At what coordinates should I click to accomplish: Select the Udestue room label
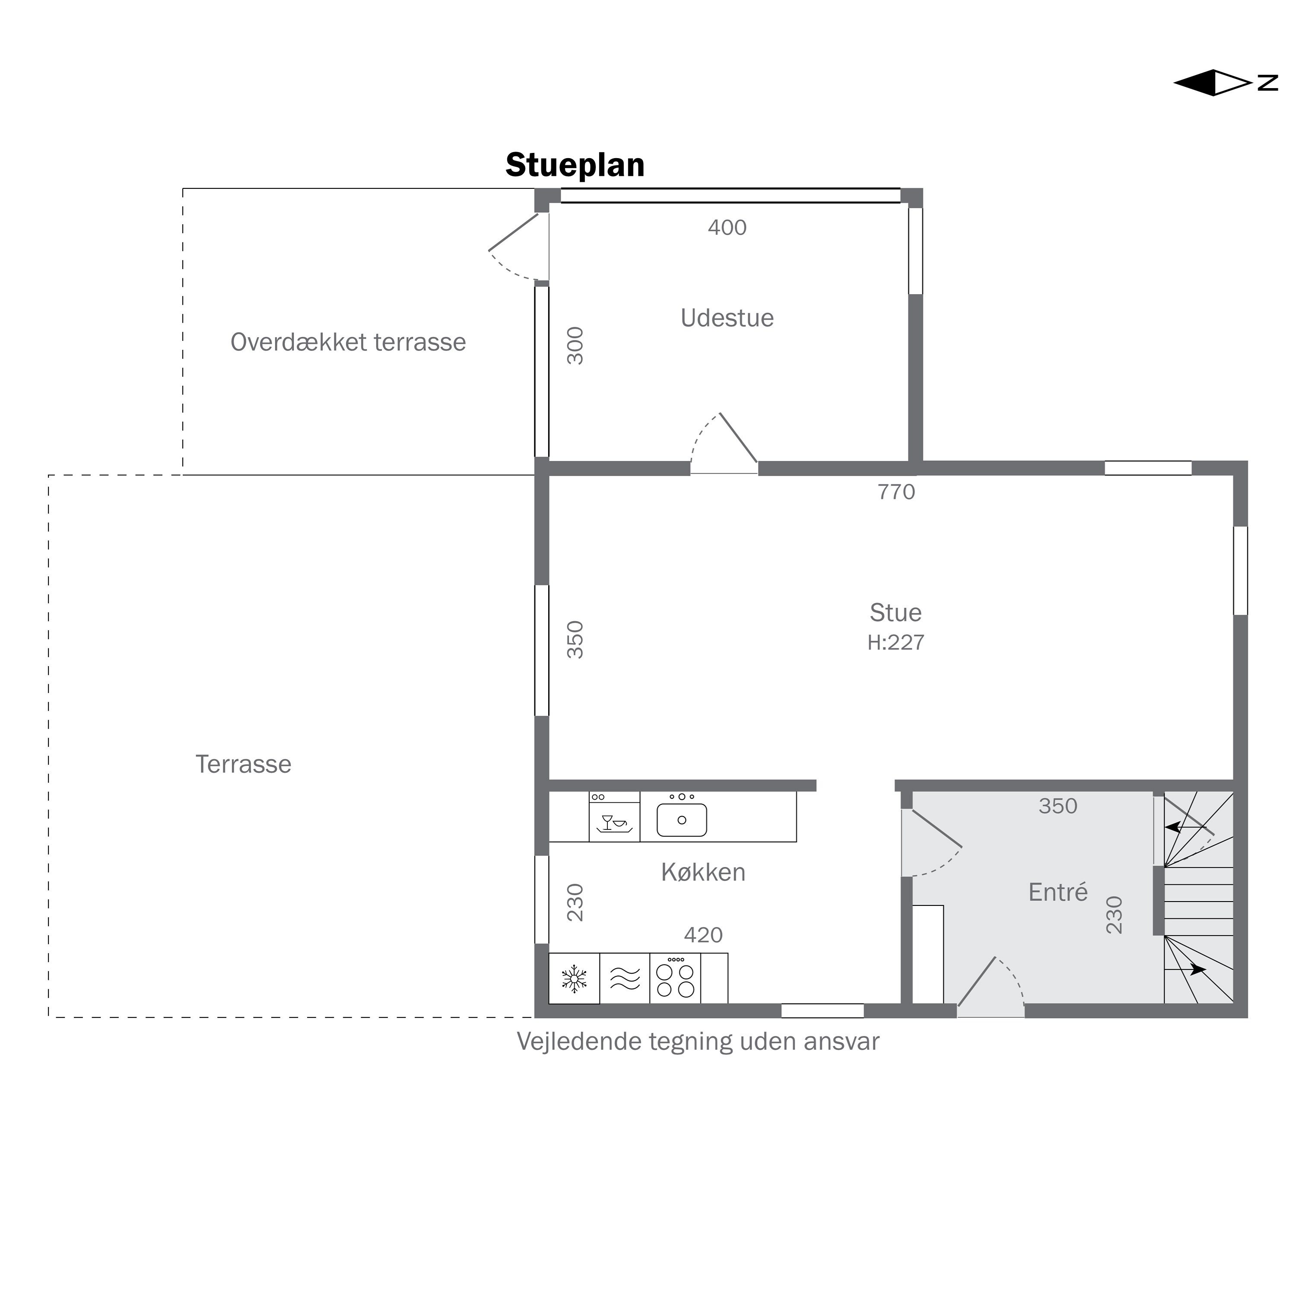727,318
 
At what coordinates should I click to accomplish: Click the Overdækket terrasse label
348,342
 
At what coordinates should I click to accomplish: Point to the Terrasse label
244,764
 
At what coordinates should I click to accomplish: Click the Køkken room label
703,872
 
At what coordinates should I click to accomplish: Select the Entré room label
1058,892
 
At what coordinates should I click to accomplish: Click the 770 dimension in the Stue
896,492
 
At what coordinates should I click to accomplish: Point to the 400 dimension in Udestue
727,227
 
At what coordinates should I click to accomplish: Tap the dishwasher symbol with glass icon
614,816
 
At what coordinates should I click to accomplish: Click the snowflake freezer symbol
574,979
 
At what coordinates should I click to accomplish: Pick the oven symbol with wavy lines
625,979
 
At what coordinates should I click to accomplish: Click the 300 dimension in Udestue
575,346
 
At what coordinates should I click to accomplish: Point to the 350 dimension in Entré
1058,806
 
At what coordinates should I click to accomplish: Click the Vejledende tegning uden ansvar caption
698,1042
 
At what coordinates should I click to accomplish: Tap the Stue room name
896,613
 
